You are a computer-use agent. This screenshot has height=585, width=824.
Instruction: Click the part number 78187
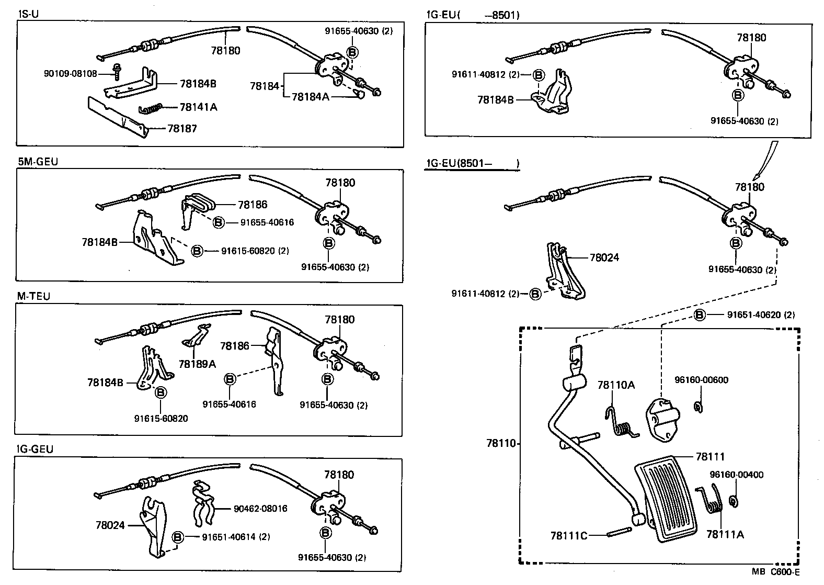click(182, 128)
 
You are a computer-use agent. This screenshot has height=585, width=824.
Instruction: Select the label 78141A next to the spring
click(198, 107)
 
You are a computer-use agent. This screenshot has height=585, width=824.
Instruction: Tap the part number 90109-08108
click(71, 74)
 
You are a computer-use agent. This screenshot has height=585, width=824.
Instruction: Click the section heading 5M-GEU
click(38, 162)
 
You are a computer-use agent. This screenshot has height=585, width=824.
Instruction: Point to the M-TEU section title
click(33, 297)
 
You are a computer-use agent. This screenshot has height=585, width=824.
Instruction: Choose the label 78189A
click(197, 364)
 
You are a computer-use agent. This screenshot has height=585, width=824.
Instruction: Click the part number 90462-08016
click(260, 509)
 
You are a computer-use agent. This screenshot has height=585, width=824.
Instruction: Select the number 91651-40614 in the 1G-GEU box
click(229, 537)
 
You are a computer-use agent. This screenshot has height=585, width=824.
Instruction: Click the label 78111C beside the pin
click(569, 536)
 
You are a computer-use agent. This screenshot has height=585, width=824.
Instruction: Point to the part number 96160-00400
click(736, 475)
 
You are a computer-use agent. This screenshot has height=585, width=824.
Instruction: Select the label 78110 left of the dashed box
click(501, 444)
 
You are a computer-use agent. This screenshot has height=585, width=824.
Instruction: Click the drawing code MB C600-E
click(776, 572)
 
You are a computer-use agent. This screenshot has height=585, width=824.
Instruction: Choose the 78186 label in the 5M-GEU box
click(253, 205)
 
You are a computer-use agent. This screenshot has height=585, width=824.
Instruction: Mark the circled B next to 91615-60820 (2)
click(197, 251)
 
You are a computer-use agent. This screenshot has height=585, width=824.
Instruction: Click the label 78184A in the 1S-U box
click(311, 97)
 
